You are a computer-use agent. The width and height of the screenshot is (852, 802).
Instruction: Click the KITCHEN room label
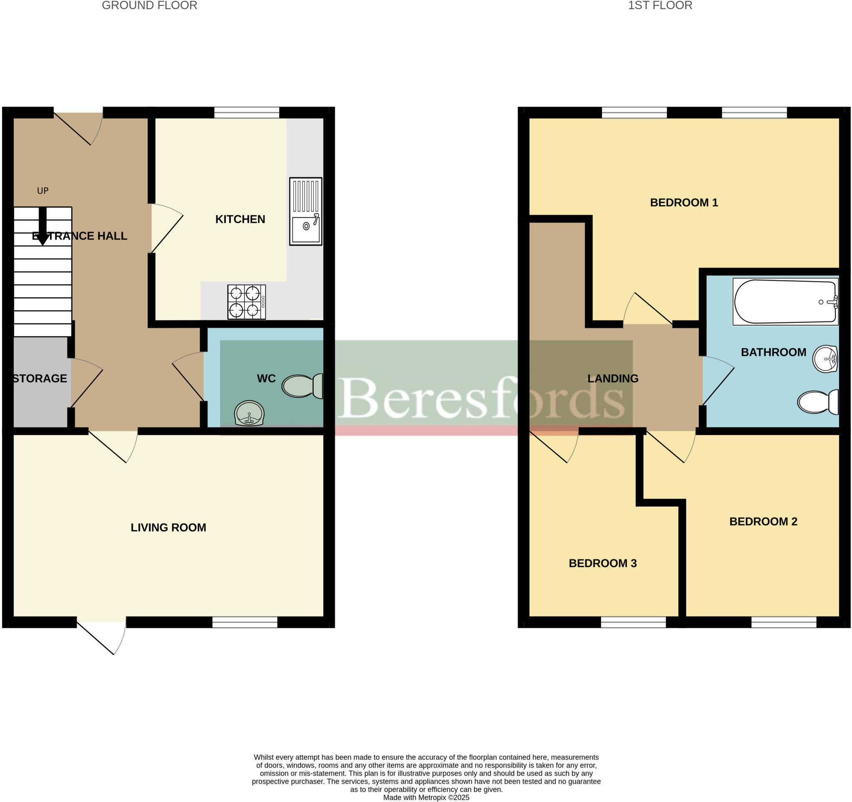pyautogui.click(x=240, y=219)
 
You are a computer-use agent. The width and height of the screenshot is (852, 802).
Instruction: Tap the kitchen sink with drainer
pyautogui.click(x=306, y=211)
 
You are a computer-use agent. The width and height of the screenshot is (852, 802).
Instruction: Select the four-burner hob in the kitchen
pyautogui.click(x=246, y=302)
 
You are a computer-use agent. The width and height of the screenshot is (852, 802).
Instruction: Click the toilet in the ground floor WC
pyautogui.click(x=302, y=386)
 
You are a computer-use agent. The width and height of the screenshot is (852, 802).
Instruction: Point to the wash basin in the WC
pyautogui.click(x=250, y=413)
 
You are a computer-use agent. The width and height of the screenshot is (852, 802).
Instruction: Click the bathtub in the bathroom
pyautogui.click(x=785, y=302)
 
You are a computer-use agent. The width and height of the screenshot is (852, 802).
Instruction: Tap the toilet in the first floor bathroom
pyautogui.click(x=818, y=402)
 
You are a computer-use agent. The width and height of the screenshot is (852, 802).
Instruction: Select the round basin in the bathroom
pyautogui.click(x=825, y=359)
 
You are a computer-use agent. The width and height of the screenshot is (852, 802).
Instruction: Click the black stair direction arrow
pyautogui.click(x=42, y=226)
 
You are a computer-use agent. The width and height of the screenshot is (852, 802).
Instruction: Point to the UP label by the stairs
pyautogui.click(x=43, y=191)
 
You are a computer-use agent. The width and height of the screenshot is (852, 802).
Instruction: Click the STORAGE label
pyautogui.click(x=40, y=379)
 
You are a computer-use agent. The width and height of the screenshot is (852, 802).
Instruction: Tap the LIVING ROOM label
pyautogui.click(x=168, y=527)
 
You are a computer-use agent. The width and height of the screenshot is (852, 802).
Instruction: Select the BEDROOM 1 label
pyautogui.click(x=684, y=203)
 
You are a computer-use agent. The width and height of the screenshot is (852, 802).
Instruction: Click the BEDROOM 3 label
pyautogui.click(x=602, y=563)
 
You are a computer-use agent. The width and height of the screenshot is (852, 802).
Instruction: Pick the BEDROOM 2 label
pyautogui.click(x=763, y=521)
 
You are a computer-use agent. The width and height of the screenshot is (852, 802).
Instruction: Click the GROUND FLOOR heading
pyautogui.click(x=150, y=5)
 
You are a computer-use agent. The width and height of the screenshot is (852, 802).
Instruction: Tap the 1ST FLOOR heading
pyautogui.click(x=660, y=5)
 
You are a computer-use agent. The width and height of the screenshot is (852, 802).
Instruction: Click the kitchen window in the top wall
pyautogui.click(x=247, y=113)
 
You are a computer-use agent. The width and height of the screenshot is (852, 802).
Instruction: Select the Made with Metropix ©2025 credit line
pyautogui.click(x=426, y=797)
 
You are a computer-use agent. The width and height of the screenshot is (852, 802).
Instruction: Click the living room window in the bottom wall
pyautogui.click(x=245, y=622)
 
